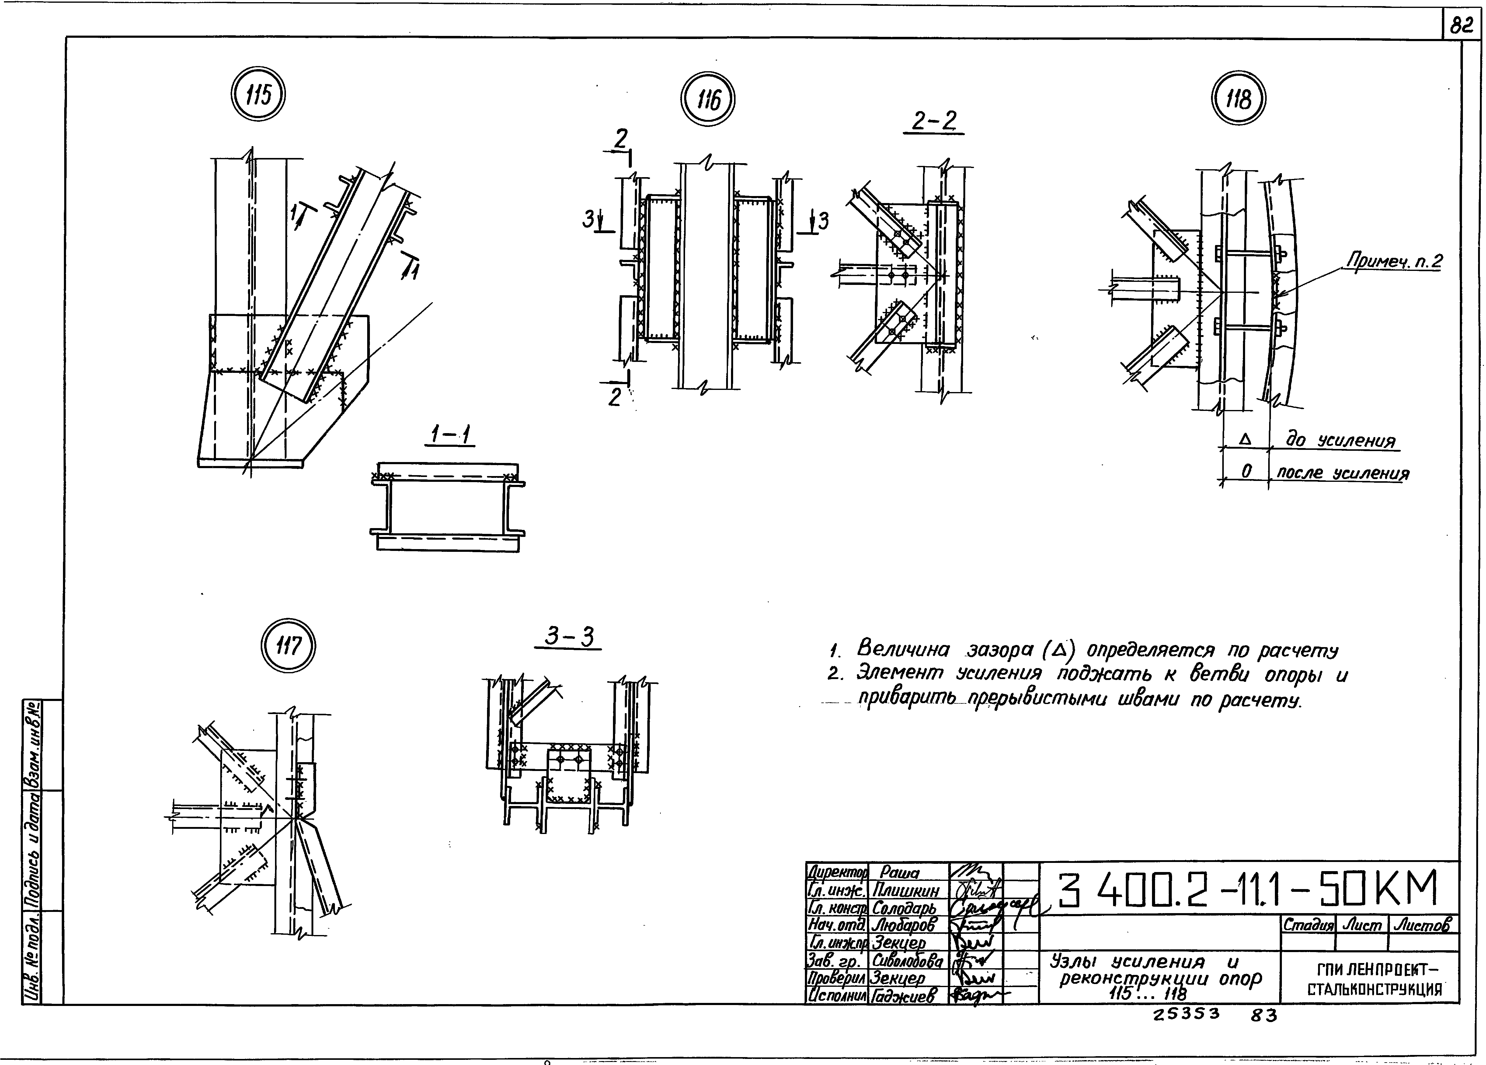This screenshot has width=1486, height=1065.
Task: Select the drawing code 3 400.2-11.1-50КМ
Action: pos(1248,890)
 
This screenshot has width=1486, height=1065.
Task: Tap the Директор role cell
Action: pos(837,872)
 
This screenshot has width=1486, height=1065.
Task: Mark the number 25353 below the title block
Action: pos(1187,1014)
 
